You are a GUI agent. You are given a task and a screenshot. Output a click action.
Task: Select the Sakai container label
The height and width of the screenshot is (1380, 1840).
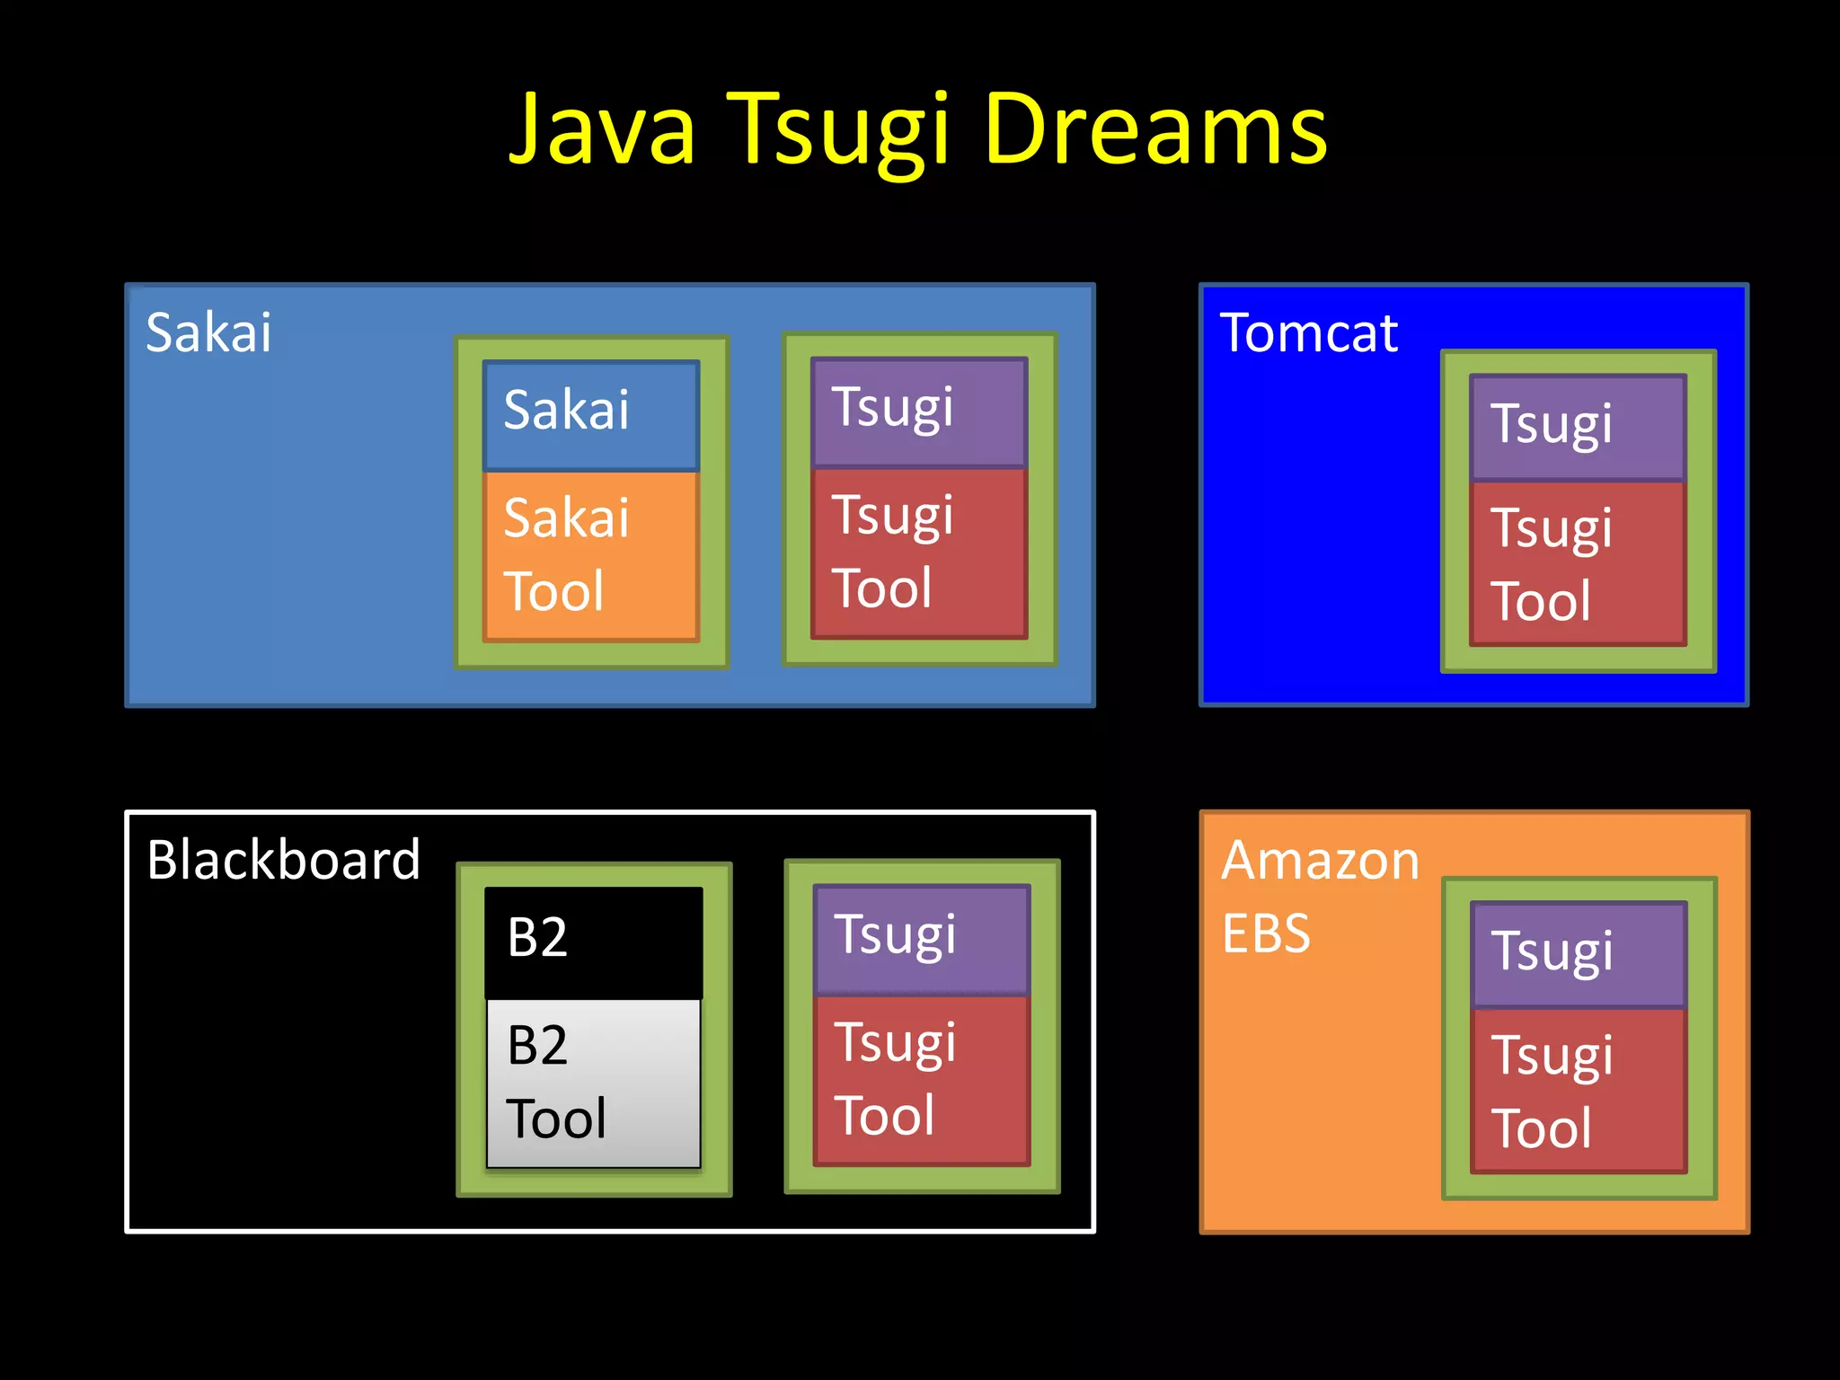[208, 332]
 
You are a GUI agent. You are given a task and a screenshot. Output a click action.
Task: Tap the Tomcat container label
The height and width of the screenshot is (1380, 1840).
[1308, 332]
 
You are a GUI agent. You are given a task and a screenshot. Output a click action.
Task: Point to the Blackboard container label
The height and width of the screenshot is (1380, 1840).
[283, 860]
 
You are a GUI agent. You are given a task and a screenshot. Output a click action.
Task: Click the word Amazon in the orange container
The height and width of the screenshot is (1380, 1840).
[1320, 860]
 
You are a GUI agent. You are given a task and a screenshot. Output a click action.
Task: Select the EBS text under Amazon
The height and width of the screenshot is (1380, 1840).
[1266, 933]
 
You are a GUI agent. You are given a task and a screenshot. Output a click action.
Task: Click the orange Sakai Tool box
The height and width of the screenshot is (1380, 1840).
[591, 555]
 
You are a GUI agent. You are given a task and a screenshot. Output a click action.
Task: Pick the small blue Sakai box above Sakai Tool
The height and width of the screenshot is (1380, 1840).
[591, 414]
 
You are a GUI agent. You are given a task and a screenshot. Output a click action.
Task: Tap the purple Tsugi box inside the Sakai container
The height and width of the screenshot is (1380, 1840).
[919, 411]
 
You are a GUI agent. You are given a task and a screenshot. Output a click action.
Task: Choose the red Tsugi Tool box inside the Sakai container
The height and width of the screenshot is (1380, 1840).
[919, 553]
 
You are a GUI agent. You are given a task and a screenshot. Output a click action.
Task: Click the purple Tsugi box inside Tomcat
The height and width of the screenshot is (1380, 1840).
[1578, 427]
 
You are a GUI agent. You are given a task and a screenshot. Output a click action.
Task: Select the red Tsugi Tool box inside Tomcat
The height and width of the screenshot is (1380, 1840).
[1578, 564]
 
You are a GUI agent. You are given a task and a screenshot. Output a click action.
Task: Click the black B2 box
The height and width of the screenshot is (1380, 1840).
[593, 941]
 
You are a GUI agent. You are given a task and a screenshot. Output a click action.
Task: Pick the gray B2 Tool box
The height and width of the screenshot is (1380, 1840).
[593, 1083]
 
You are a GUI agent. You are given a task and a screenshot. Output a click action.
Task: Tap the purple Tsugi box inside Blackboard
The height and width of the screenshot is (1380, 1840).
[922, 938]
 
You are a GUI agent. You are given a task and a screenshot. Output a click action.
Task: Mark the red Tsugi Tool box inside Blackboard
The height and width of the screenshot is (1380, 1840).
[922, 1080]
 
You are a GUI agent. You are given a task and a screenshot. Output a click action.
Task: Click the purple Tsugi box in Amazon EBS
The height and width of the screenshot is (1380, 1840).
[1579, 953]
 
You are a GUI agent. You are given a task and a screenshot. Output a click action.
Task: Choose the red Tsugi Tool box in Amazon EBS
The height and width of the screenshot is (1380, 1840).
[1579, 1091]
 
